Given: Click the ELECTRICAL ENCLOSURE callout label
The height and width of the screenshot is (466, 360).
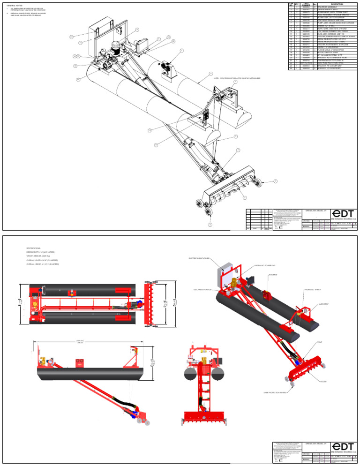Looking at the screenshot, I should [x=201, y=258].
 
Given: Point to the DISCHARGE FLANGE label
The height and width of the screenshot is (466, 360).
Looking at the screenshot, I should [x=202, y=289].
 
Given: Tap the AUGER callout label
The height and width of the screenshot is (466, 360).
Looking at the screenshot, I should [x=323, y=381].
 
